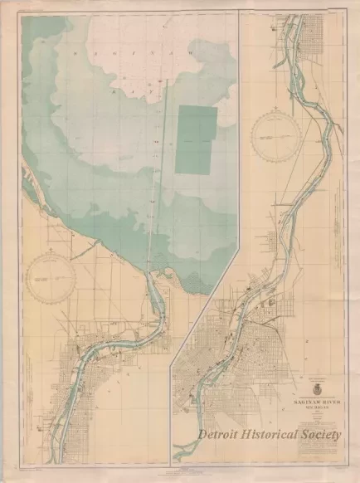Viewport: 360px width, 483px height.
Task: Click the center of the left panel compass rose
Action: click(57, 286)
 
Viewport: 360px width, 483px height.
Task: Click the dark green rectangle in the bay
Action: click(196, 140)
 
